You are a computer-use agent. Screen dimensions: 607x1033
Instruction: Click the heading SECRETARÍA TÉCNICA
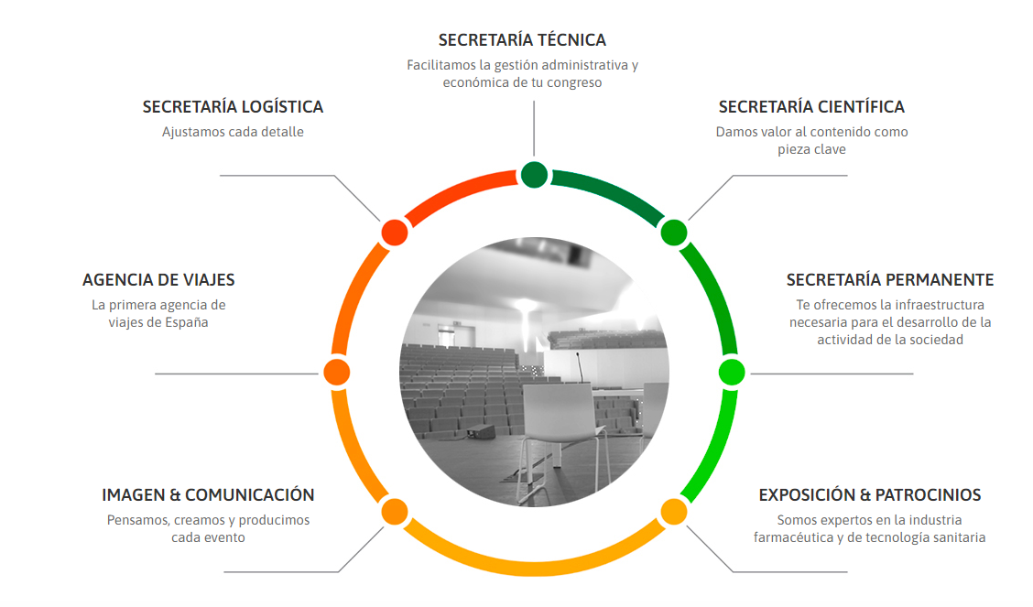(x=522, y=40)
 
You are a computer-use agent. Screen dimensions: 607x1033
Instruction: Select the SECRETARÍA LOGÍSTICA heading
(x=233, y=107)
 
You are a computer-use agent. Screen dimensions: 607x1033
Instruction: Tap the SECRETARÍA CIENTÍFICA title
(x=811, y=107)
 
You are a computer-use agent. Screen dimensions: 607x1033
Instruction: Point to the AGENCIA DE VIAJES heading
(x=158, y=280)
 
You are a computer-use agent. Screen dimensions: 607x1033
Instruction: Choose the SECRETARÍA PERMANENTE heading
(x=889, y=280)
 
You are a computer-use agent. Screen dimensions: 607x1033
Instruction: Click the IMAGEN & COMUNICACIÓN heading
(x=208, y=495)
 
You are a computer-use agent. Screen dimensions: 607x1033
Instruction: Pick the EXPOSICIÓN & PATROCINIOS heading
(x=869, y=495)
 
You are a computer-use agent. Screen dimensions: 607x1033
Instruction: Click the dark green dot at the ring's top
(x=534, y=174)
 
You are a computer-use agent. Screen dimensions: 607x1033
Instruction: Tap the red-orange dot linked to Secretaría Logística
(x=394, y=232)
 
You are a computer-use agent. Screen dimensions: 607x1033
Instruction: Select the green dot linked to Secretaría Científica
(x=674, y=232)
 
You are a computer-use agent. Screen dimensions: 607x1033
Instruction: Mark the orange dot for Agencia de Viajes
(x=336, y=372)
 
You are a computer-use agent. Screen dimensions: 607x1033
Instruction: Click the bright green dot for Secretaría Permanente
(x=732, y=372)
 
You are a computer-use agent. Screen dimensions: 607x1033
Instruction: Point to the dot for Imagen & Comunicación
(x=394, y=511)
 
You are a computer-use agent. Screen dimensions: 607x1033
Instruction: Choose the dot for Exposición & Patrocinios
(x=674, y=511)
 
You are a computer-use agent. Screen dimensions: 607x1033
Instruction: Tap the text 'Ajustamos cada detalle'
(x=233, y=132)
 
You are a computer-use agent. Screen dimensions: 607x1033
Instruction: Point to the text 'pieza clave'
(x=811, y=149)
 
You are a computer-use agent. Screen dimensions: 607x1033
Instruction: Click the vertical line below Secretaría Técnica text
(x=534, y=128)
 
